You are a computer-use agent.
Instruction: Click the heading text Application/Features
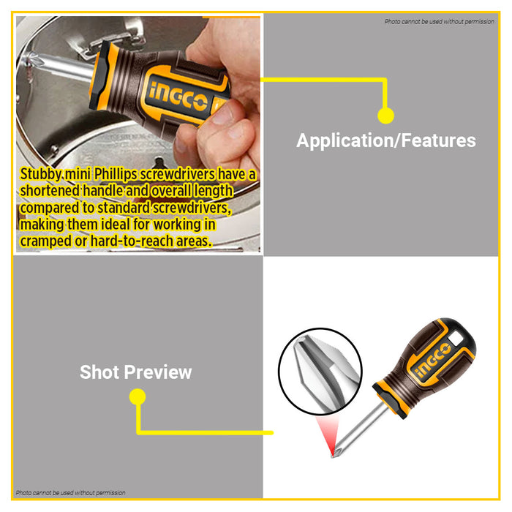(386, 141)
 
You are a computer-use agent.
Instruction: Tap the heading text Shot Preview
(136, 372)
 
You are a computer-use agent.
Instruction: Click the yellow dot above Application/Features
(385, 116)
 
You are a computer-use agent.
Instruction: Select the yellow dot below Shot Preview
(138, 396)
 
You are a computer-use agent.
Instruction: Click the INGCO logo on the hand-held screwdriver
(178, 97)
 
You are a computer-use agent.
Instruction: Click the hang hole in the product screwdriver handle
(456, 338)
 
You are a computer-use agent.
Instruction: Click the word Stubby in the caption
(41, 174)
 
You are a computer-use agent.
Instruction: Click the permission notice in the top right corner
(439, 21)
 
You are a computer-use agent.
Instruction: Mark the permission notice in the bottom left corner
(70, 493)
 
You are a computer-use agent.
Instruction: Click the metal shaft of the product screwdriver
(361, 429)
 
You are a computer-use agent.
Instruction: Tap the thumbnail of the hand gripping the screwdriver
(138, 134)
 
